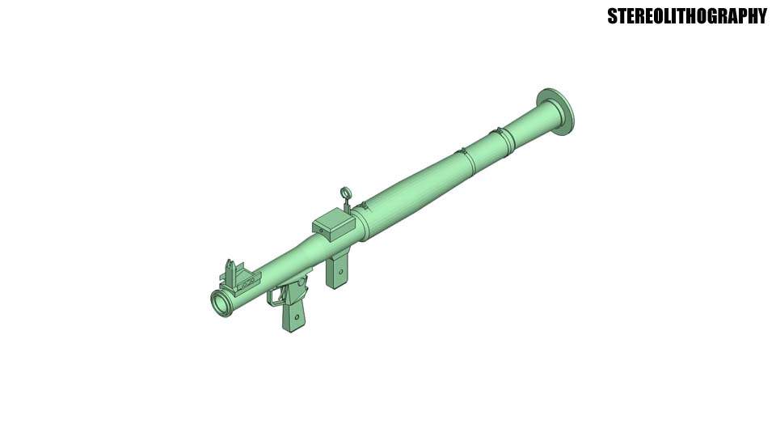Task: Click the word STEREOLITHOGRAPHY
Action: [x=686, y=16]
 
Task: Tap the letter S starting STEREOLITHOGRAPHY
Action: [x=613, y=16]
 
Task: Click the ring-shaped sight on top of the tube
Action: [x=345, y=193]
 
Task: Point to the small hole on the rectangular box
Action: [x=321, y=230]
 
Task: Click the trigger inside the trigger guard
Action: [x=282, y=295]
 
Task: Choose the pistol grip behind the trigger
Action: [x=294, y=314]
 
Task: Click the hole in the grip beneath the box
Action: [x=340, y=270]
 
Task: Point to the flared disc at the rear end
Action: [x=558, y=112]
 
